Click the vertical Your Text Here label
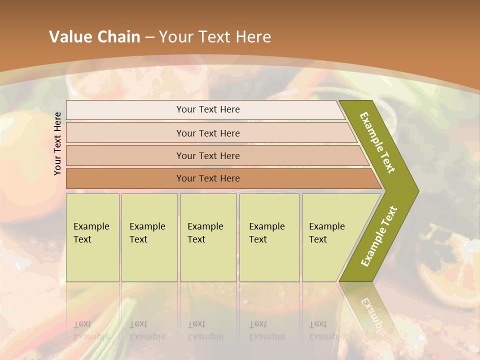tap(57, 143)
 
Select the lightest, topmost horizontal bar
tap(207, 109)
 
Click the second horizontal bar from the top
tap(207, 133)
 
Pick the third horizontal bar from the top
tap(207, 155)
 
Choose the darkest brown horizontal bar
tap(207, 178)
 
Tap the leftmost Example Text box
tap(92, 237)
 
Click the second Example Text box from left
tap(149, 237)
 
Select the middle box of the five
tap(207, 237)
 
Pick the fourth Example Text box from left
tap(269, 237)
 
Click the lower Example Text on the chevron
tap(379, 236)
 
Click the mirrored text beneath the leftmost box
tap(91, 330)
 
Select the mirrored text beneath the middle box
tap(205, 330)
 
